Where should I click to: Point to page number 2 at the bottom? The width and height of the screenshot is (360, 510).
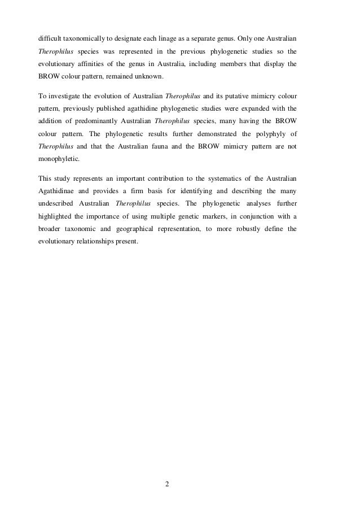pyautogui.click(x=168, y=484)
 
